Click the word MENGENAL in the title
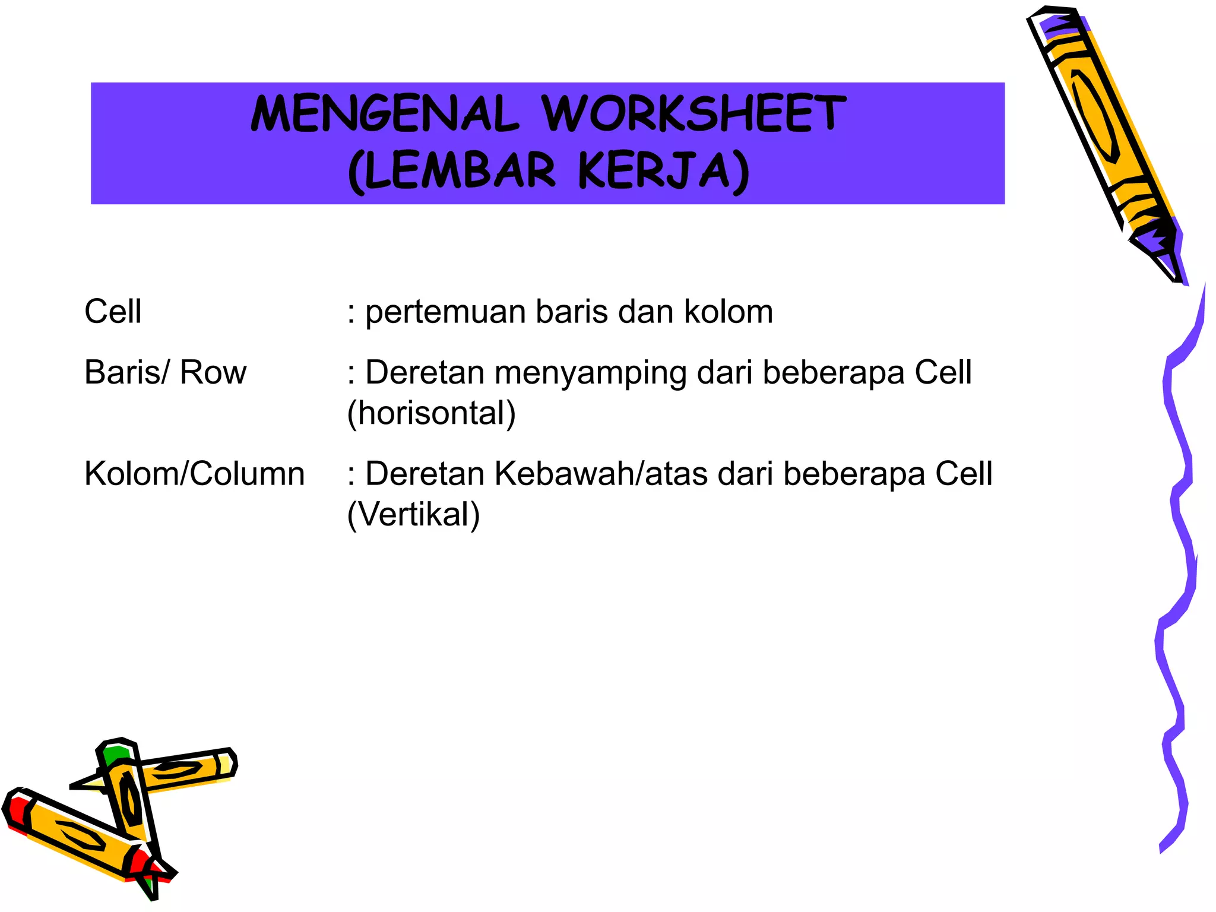point(384,114)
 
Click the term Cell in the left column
point(113,312)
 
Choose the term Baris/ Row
point(165,373)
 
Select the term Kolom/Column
point(194,474)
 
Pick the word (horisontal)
point(432,413)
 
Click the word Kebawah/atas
point(601,474)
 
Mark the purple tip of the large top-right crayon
point(1161,249)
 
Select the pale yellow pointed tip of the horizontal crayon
point(89,783)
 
